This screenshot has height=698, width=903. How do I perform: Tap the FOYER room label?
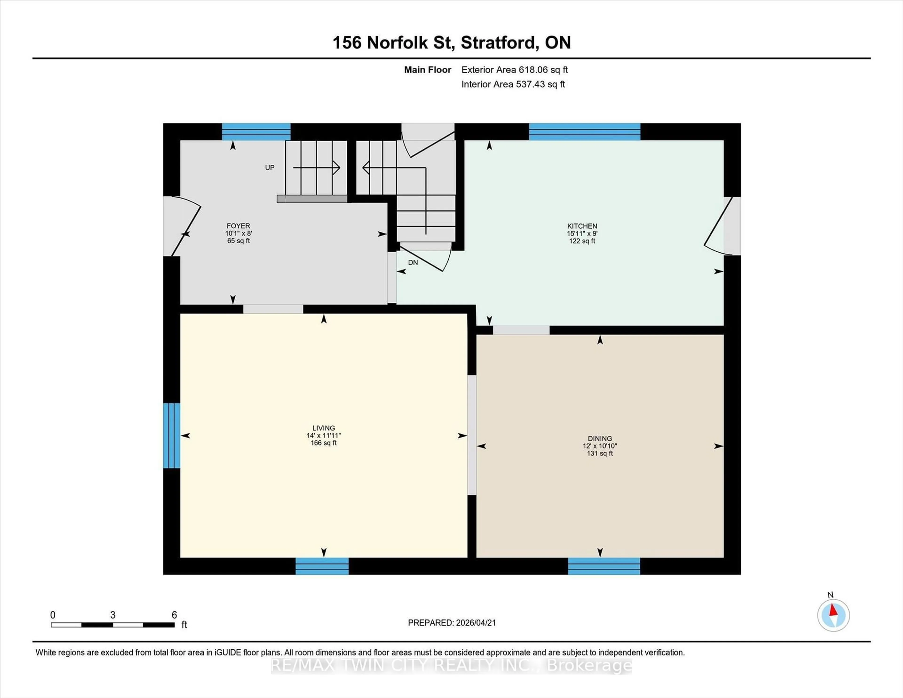pos(238,226)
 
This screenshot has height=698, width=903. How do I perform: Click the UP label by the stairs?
pos(269,167)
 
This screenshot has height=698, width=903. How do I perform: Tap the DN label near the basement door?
pos(413,263)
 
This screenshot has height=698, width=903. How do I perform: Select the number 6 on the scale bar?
pos(174,615)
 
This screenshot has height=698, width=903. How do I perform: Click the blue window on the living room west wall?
pos(172,435)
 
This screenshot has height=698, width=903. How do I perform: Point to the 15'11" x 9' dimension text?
pos(582,233)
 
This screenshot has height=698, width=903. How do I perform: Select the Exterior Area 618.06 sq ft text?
pos(514,70)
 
